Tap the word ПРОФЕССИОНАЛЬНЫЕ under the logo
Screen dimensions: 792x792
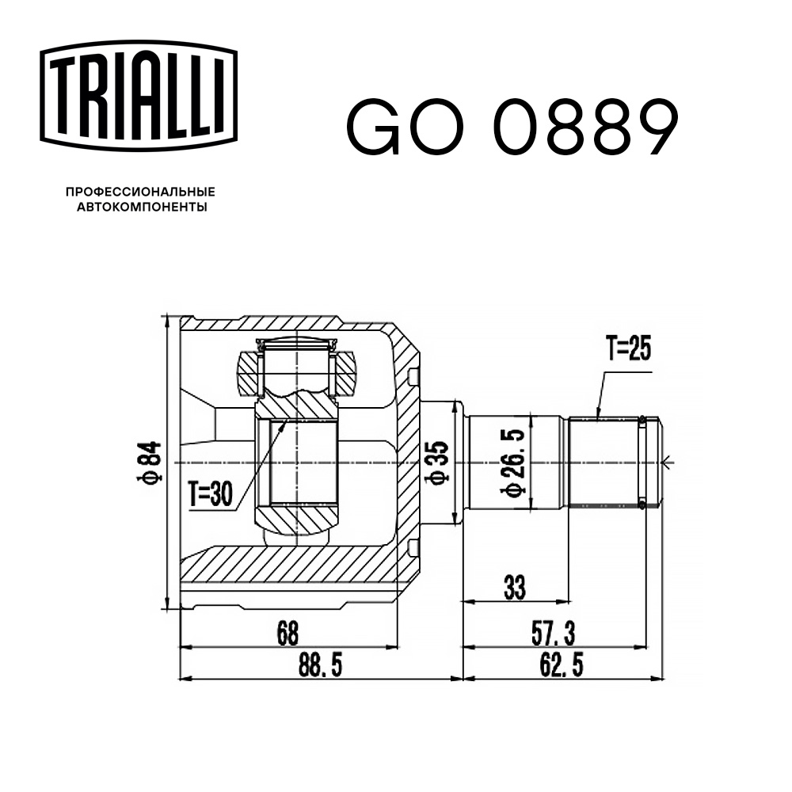(x=140, y=192)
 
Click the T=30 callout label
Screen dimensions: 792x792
(x=210, y=495)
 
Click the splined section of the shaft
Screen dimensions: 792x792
(x=604, y=462)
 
